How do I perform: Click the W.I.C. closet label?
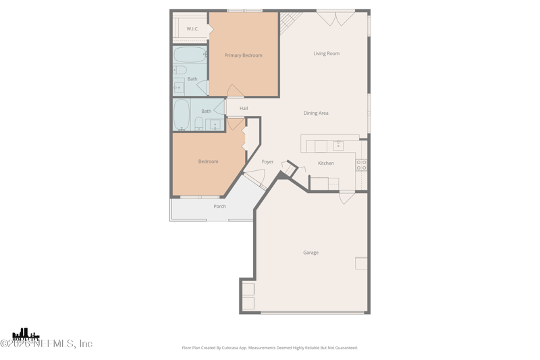[x=192, y=29]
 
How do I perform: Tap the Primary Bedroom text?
[x=243, y=55]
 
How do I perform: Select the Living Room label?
[x=326, y=53]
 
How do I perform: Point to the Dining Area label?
[x=316, y=113]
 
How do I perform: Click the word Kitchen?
[x=326, y=163]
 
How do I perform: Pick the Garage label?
[x=310, y=253]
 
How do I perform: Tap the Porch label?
[x=219, y=207]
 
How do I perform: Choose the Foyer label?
[x=268, y=162]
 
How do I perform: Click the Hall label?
[x=244, y=109]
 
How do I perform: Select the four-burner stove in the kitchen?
[x=362, y=165]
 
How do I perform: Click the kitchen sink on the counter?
[x=338, y=146]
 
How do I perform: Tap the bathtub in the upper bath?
[x=190, y=55]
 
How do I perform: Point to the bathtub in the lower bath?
[x=182, y=114]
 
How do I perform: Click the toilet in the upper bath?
[x=180, y=70]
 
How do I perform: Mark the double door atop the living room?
[x=335, y=18]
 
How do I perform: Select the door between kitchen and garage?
[x=347, y=197]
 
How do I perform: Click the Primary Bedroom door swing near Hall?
[x=235, y=91]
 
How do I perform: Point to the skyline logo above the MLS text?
[x=26, y=334]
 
